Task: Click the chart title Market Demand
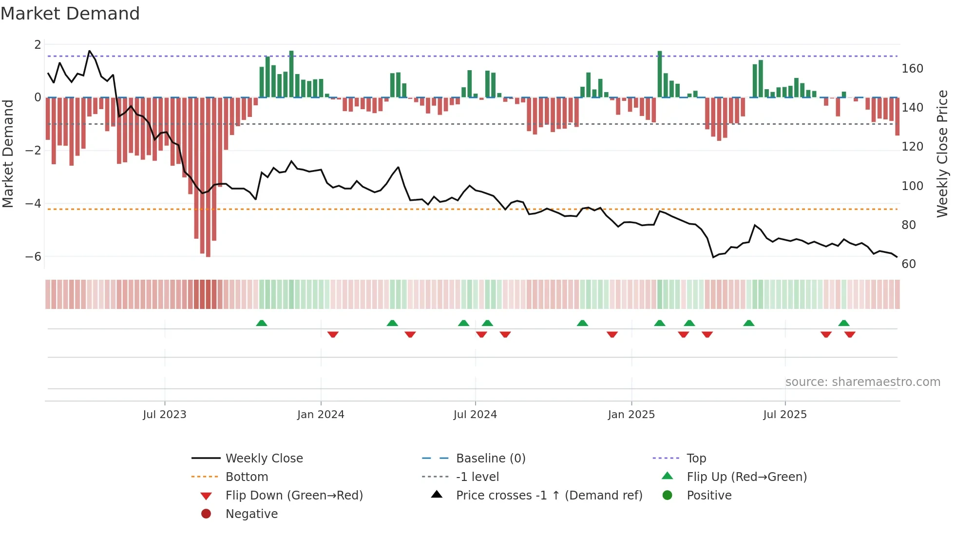(x=70, y=14)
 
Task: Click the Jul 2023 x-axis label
(x=164, y=415)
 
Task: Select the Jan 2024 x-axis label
(x=321, y=415)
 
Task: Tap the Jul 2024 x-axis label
(x=475, y=415)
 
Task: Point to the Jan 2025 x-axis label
(x=631, y=415)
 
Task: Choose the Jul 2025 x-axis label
(x=785, y=415)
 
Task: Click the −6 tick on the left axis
(x=34, y=256)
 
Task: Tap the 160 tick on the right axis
(x=912, y=69)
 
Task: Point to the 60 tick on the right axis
(x=909, y=264)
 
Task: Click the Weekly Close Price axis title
(x=942, y=153)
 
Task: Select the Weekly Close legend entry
(x=264, y=459)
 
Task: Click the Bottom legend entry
(x=247, y=477)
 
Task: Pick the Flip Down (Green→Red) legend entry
(x=294, y=496)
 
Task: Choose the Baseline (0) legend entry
(x=490, y=459)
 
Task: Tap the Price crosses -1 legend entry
(x=549, y=496)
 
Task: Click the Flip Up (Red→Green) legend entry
(x=746, y=477)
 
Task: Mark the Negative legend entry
(x=251, y=514)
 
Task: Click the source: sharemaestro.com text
(x=862, y=382)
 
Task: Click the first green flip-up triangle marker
(x=262, y=323)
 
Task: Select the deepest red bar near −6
(x=208, y=178)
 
